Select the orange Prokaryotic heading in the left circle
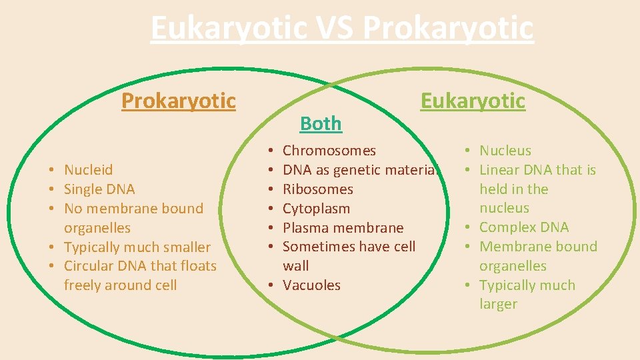[x=178, y=101]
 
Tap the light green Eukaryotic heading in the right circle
[x=473, y=101]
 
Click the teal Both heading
[x=321, y=123]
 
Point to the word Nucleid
[x=89, y=170]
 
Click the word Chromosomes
[x=329, y=151]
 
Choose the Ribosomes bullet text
[x=318, y=189]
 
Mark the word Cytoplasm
[x=316, y=209]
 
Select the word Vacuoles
[x=311, y=285]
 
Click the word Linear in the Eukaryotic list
[x=500, y=170]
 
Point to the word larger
[x=498, y=304]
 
